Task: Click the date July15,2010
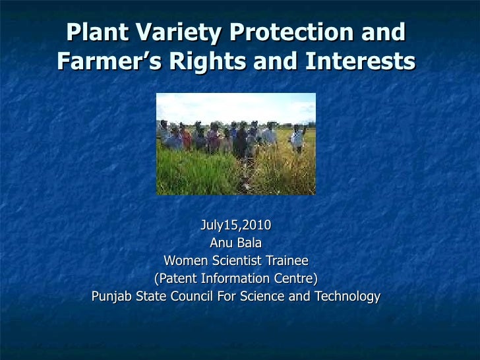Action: coord(235,225)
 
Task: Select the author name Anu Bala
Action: coord(235,243)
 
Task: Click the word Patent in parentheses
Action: coord(175,278)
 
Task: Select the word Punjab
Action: coord(111,296)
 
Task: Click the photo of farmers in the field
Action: coord(235,143)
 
